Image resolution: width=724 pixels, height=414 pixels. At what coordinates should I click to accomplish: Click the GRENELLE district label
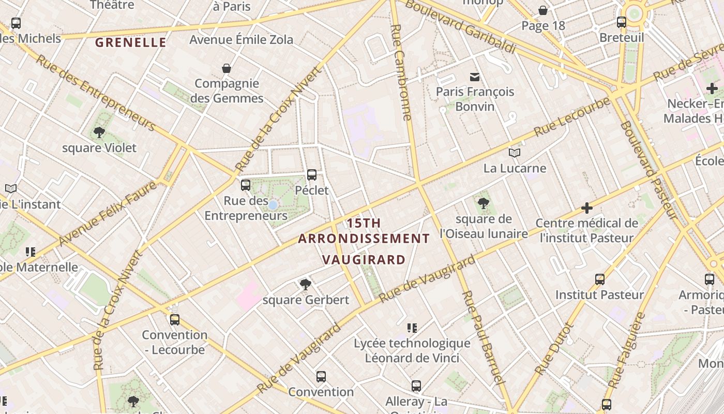tap(131, 42)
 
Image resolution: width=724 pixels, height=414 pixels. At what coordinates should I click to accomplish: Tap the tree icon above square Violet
tap(99, 132)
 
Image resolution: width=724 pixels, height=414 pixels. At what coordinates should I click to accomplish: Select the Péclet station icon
tap(311, 175)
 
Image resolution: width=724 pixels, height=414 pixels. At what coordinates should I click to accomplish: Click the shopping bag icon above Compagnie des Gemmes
tap(226, 68)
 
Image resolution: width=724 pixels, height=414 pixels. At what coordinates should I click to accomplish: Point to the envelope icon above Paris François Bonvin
tap(474, 77)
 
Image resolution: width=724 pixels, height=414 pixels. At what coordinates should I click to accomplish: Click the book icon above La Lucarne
tap(514, 153)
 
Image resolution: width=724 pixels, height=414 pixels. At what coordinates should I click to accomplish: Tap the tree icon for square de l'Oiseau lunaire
tap(483, 203)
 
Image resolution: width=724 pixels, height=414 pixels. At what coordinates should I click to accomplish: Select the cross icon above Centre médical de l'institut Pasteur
tap(586, 208)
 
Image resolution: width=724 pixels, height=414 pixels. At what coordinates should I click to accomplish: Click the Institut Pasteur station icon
tap(599, 279)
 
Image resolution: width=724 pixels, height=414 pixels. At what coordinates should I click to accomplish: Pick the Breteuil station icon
tap(621, 22)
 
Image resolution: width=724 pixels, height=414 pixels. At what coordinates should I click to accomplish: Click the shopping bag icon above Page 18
tap(543, 10)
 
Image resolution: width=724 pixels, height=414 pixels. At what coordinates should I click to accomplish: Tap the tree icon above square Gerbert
tap(305, 284)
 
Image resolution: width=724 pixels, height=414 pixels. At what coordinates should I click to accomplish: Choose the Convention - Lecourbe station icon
tap(174, 320)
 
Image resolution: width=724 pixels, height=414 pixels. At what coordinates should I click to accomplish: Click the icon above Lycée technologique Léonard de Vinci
tap(412, 328)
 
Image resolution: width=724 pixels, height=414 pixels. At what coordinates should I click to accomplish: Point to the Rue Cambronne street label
tap(401, 72)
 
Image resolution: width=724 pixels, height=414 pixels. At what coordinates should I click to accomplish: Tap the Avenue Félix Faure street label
tap(108, 213)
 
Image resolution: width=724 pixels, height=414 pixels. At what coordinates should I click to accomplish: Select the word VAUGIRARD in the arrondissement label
tap(364, 259)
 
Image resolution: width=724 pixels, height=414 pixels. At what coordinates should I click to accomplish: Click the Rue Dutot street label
tap(554, 349)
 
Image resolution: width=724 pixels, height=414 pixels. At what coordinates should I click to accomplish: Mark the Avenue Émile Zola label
tap(241, 39)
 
